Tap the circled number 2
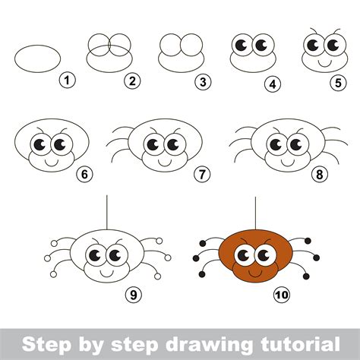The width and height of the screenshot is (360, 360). click(x=132, y=79)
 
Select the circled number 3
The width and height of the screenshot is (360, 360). click(x=201, y=78)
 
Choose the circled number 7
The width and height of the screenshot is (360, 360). click(x=201, y=174)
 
